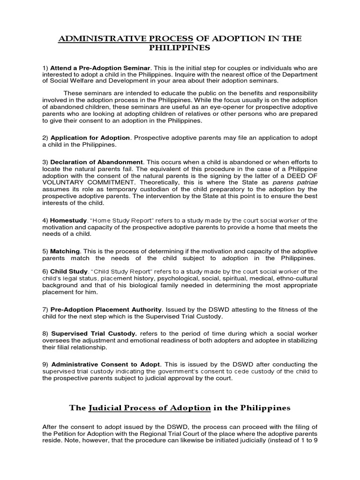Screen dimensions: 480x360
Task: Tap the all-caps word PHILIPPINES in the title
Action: click(180, 48)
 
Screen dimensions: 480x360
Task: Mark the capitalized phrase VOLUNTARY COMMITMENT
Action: click(84, 184)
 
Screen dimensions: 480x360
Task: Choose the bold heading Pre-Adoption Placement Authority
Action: click(106, 309)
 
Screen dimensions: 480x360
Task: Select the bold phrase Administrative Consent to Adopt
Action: click(105, 364)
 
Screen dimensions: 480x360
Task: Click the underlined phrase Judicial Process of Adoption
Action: click(149, 408)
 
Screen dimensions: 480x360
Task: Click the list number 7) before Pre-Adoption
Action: click(45, 309)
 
